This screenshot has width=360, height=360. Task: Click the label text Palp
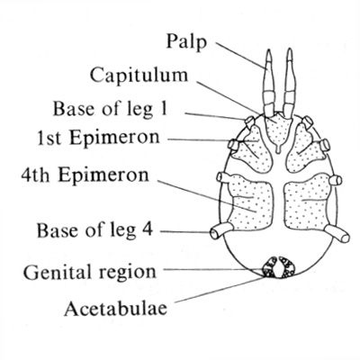click(x=186, y=42)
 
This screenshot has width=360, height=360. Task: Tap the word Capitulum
click(x=139, y=76)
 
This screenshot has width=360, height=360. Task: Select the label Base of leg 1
click(x=110, y=109)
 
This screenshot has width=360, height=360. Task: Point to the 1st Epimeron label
click(x=98, y=138)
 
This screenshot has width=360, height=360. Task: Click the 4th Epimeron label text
click(x=85, y=175)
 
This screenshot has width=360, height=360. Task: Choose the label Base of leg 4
click(x=94, y=231)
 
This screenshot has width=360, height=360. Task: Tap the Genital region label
click(x=90, y=272)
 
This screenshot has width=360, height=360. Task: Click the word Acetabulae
click(x=115, y=308)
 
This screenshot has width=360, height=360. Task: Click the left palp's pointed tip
click(x=269, y=50)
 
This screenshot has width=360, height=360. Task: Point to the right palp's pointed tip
click(x=289, y=49)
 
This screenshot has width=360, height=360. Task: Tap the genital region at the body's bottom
click(x=279, y=267)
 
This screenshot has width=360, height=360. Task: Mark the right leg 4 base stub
click(x=337, y=234)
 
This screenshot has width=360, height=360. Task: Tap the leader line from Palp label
click(x=241, y=56)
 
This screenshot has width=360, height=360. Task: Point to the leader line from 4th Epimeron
click(x=207, y=196)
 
